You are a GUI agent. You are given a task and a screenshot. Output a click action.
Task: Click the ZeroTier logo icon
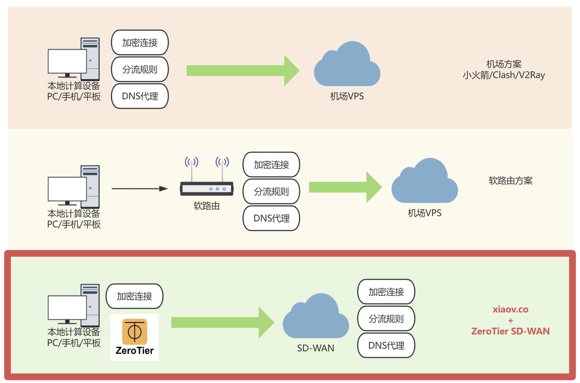135,332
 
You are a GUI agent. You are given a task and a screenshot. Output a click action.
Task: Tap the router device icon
206,188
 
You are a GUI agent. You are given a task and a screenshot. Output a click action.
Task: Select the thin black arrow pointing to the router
139,189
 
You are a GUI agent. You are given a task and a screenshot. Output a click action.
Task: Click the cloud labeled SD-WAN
316,318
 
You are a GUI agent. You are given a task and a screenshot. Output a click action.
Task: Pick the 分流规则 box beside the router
271,191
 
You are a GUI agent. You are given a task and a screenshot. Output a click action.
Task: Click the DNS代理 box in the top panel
140,96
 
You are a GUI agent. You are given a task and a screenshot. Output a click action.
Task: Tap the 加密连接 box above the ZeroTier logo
135,296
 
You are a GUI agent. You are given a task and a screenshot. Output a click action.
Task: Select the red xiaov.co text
510,309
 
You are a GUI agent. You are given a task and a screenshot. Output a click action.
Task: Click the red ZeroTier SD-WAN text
510,331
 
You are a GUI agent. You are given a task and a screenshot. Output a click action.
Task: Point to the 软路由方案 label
510,181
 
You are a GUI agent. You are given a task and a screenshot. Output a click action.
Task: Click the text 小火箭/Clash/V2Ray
504,75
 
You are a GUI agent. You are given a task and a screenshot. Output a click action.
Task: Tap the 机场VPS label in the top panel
347,96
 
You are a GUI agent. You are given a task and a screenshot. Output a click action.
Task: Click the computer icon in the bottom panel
74,305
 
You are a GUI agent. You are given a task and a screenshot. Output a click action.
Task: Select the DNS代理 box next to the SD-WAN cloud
386,345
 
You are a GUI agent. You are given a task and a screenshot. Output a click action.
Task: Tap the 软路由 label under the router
206,206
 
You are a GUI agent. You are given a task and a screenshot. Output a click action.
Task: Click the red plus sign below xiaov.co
510,320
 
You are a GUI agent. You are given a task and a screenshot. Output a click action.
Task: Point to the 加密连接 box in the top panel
140,42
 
